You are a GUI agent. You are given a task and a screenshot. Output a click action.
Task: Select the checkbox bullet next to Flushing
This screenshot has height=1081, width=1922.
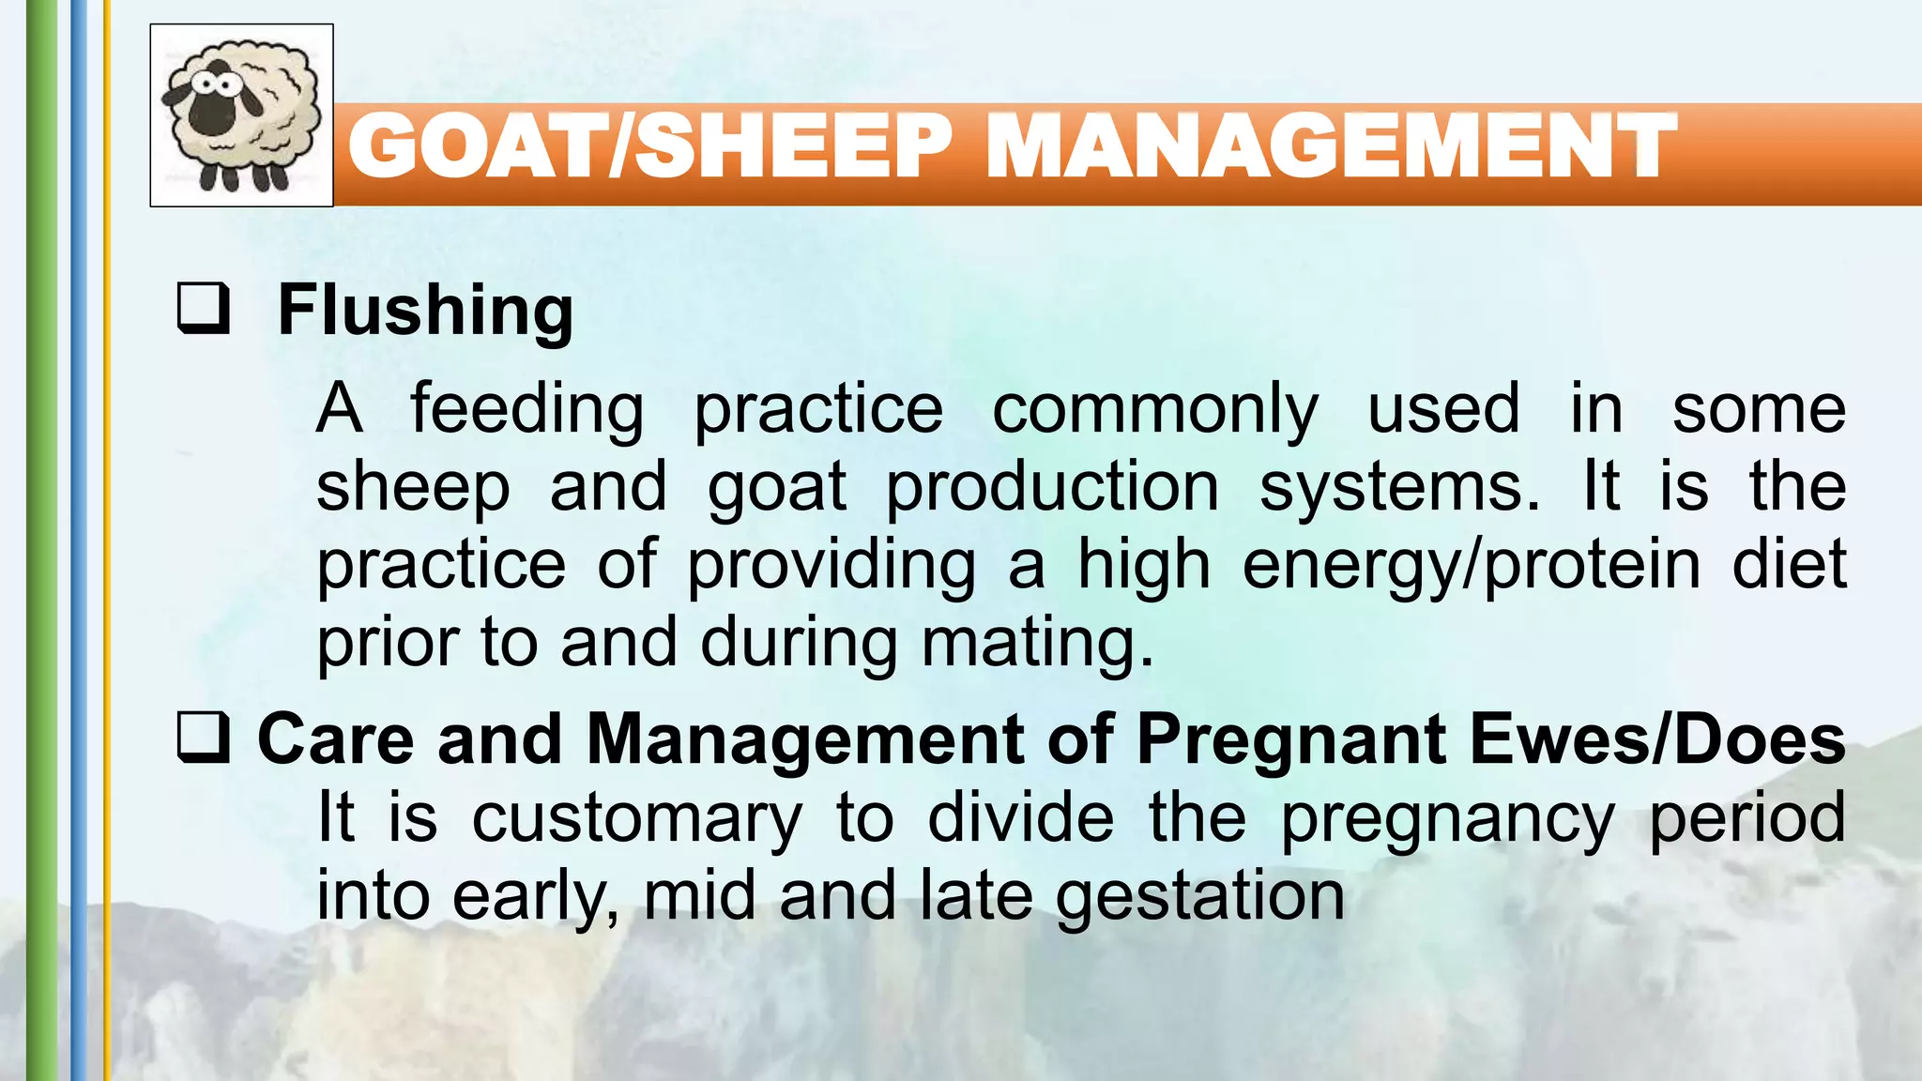204,309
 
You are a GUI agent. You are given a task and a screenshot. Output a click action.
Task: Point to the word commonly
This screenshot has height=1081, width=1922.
1155,410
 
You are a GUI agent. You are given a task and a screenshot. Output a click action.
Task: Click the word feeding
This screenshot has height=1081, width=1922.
526,410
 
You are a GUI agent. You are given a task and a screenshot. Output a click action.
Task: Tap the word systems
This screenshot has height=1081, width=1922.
1398,487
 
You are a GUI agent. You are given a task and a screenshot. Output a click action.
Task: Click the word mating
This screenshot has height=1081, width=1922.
1037,644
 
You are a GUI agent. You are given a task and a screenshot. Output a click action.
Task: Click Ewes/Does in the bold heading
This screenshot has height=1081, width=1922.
1657,739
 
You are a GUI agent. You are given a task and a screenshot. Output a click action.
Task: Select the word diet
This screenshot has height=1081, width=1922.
1789,564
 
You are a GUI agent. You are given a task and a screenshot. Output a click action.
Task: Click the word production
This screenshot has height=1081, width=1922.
1052,487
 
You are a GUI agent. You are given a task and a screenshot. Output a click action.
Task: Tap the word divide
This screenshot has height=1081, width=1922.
1021,817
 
